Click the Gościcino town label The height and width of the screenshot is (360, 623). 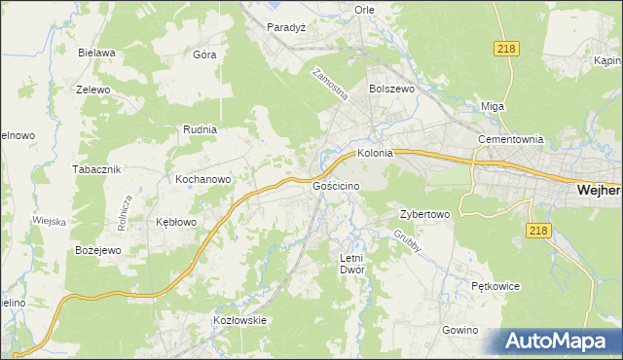pos(338,185)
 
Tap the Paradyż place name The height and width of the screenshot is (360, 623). pos(287,28)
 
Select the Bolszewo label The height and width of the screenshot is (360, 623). pos(392,89)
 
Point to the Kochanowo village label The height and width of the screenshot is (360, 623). pos(202,179)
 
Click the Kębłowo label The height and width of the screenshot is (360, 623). pos(176,222)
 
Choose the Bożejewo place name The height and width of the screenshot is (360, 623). pos(97,250)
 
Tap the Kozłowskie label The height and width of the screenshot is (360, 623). pos(239,320)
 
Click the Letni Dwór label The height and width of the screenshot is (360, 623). pos(350,264)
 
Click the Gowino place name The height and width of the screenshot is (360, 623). pos(459,330)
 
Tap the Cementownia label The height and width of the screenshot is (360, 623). pos(509,139)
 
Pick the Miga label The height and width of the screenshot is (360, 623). pos(493,106)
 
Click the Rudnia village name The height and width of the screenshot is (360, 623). pos(200,128)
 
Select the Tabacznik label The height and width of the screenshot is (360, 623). pos(96,168)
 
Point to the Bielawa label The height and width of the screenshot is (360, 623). pos(97,53)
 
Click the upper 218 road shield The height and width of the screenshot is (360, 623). pos(505,49)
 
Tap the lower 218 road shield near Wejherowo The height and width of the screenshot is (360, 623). pos(537,231)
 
